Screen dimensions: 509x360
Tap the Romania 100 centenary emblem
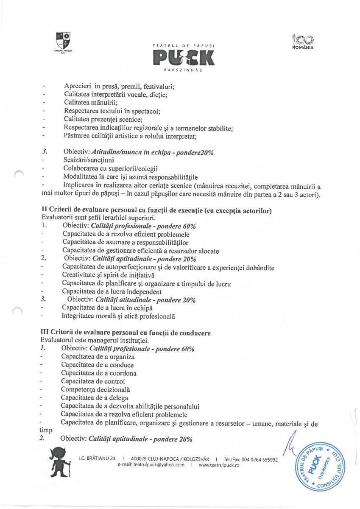click(x=302, y=42)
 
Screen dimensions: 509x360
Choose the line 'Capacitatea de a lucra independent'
click(x=112, y=291)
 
